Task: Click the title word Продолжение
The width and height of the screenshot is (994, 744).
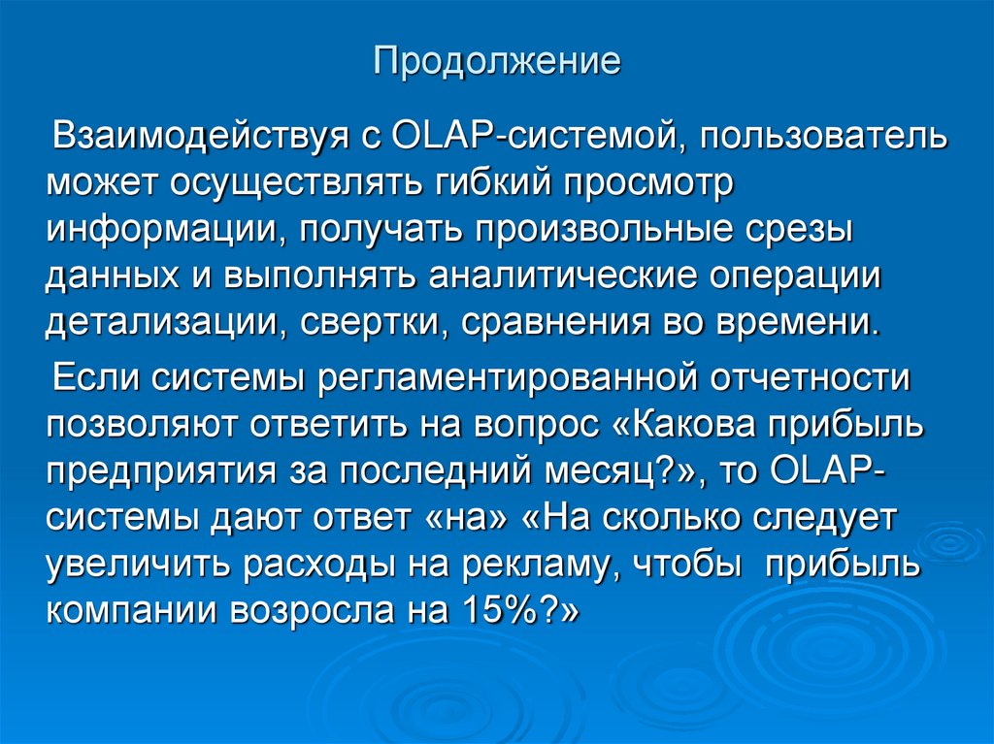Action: [497, 63]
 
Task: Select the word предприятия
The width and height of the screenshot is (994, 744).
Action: [165, 470]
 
